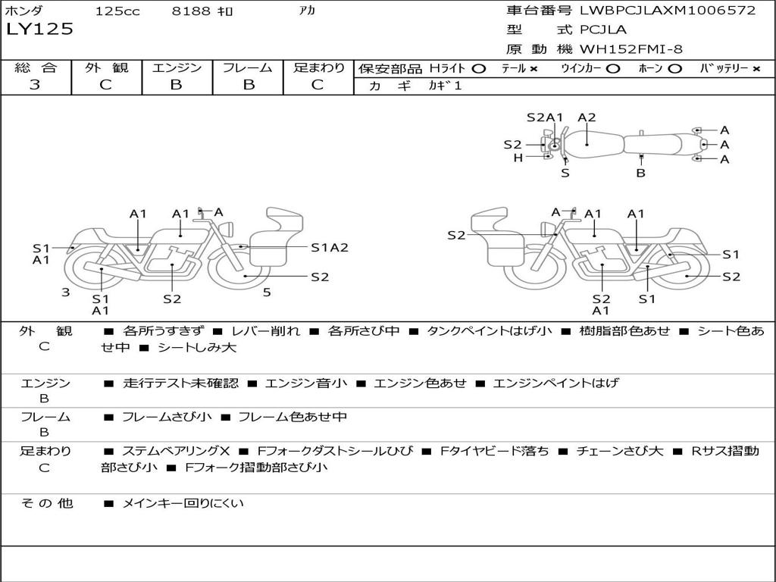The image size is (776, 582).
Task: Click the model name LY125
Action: point(39,30)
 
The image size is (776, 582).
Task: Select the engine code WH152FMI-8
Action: point(631,49)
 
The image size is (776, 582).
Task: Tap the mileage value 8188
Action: point(187,11)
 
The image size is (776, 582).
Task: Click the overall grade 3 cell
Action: point(35,85)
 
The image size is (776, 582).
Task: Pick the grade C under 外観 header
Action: point(105,85)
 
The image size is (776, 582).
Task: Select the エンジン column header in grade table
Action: point(177,67)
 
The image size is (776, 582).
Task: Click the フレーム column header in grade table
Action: point(247,67)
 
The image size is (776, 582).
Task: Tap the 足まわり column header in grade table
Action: point(318,67)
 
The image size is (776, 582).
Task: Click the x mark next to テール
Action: point(533,68)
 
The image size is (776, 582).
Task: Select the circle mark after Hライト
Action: point(478,68)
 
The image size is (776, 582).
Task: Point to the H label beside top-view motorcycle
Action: point(518,158)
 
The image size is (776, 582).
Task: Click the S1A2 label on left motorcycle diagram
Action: point(330,248)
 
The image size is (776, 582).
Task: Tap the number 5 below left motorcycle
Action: point(267,292)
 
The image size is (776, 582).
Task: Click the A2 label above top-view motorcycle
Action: point(587,117)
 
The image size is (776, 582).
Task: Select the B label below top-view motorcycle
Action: point(640,173)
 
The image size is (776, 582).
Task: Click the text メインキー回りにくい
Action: point(183,503)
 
